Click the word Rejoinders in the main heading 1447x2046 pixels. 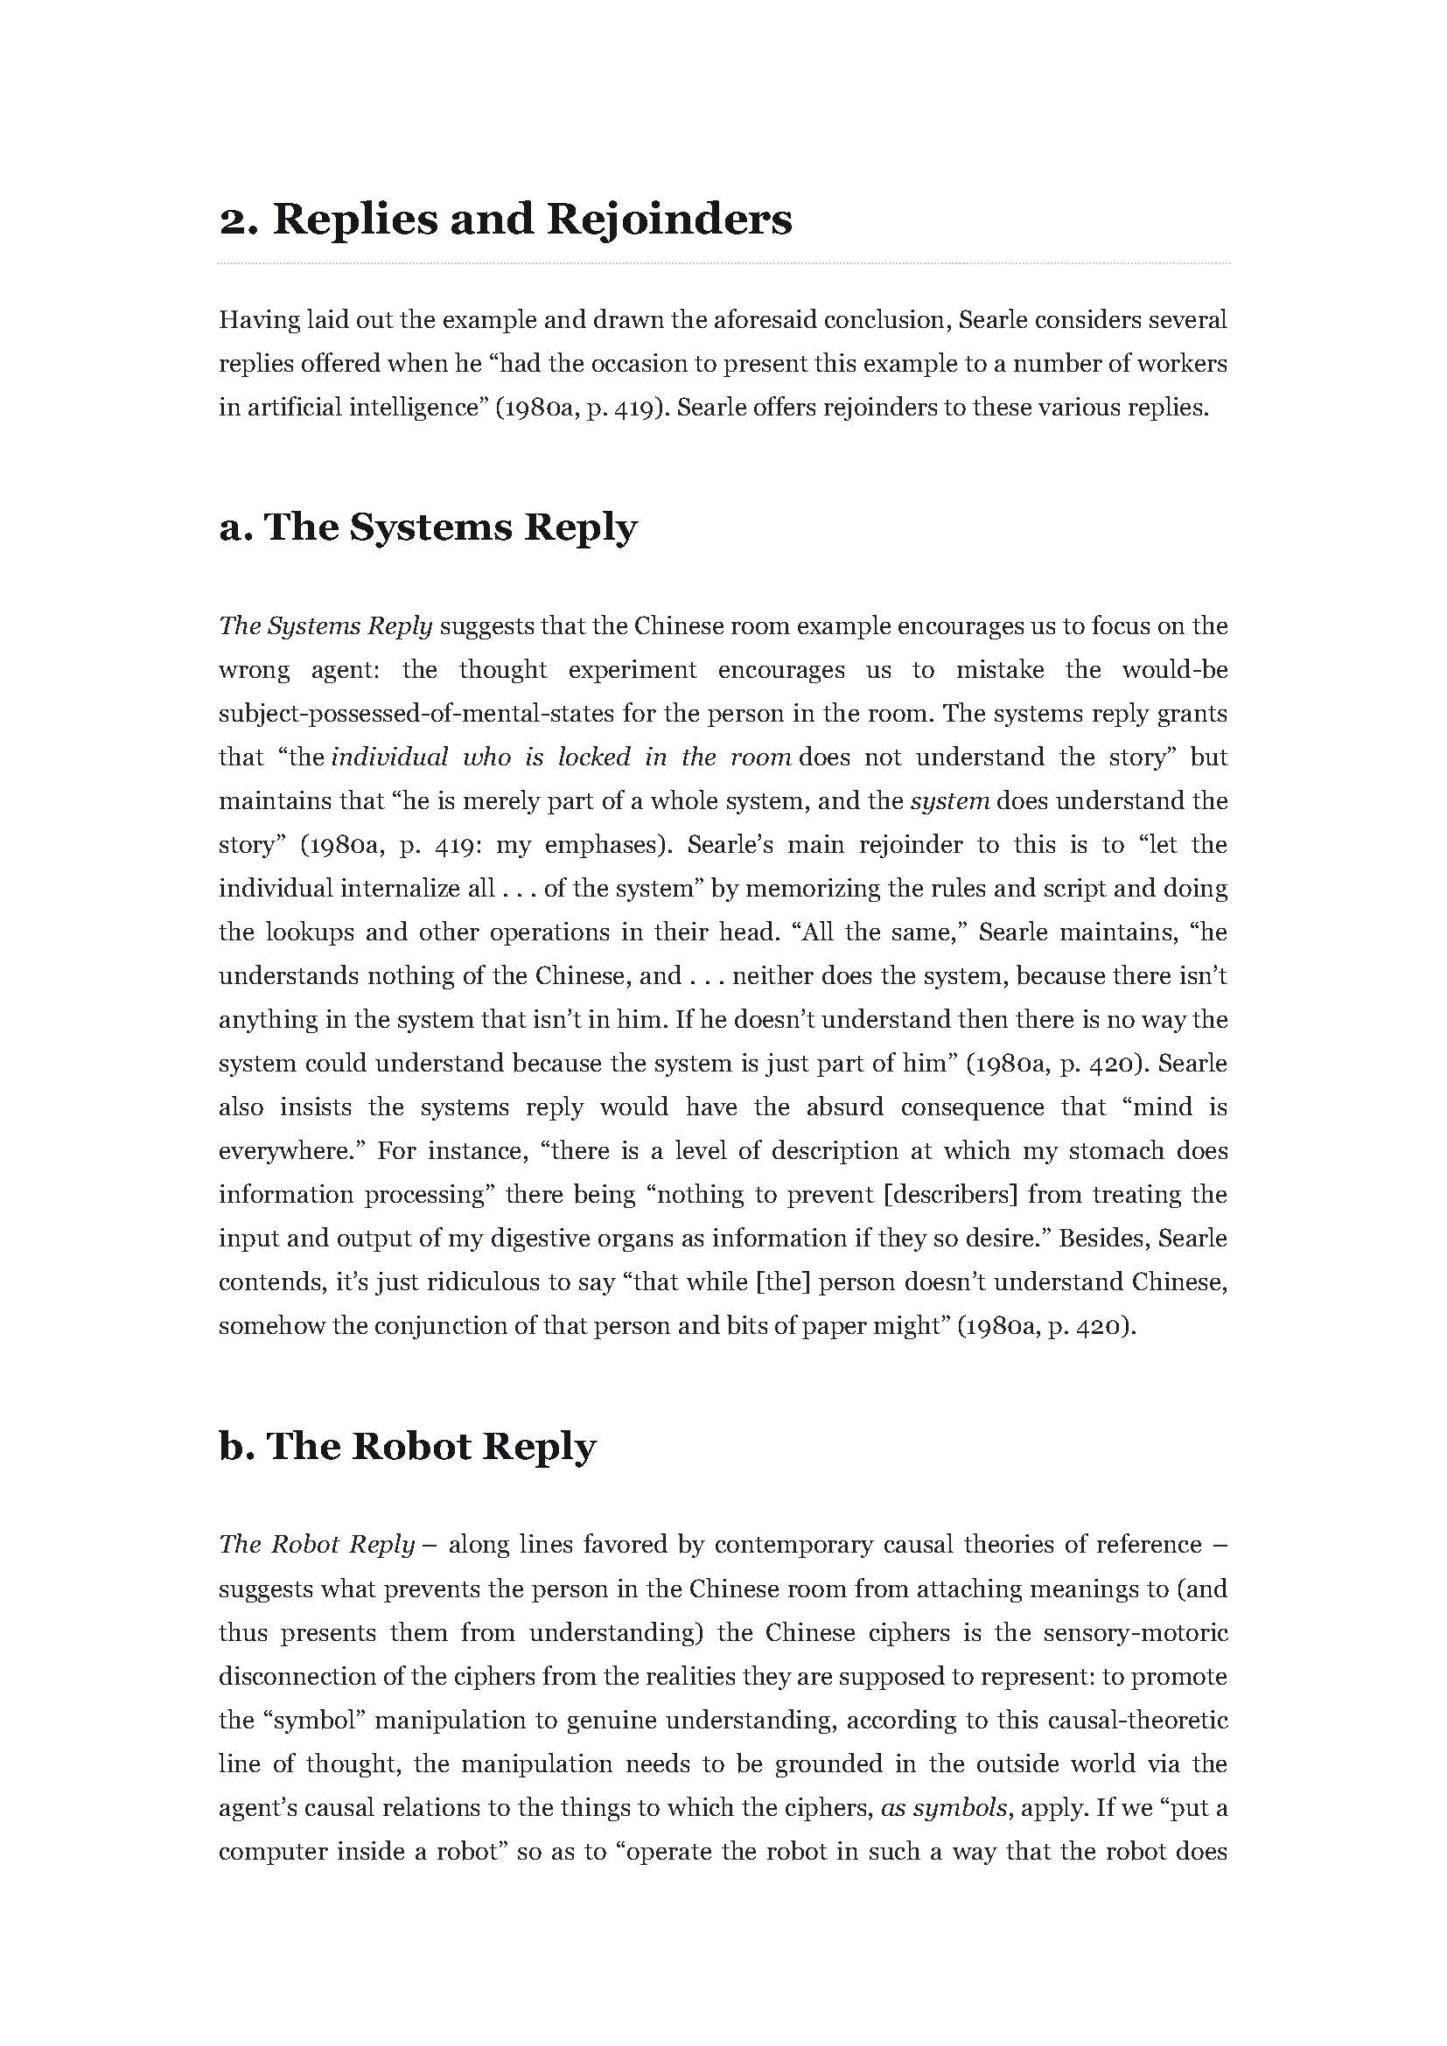[x=668, y=220]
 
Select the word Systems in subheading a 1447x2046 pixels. [x=430, y=527]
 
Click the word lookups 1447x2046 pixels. [x=308, y=932]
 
